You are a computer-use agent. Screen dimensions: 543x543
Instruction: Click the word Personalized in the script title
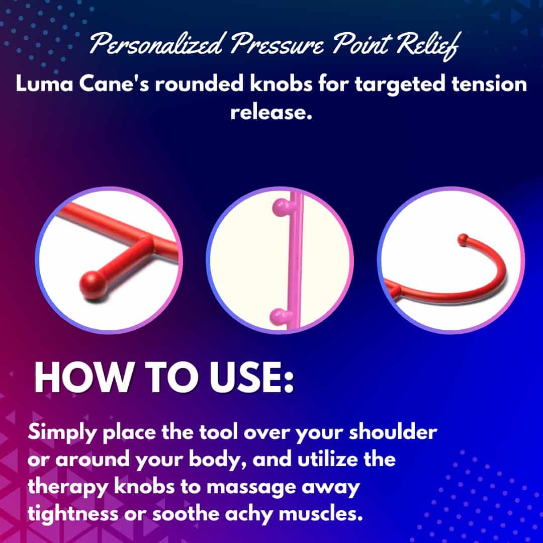click(155, 44)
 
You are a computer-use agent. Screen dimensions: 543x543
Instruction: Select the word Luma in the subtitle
click(44, 84)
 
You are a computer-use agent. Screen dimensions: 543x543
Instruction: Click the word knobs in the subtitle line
click(281, 84)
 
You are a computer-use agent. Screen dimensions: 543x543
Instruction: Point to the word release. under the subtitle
click(271, 112)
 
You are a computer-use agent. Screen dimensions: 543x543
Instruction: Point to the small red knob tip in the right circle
click(463, 240)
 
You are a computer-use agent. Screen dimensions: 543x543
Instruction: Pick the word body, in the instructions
click(218, 460)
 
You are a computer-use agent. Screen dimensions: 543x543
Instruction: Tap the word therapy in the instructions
click(68, 488)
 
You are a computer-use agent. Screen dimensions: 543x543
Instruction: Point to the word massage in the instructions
click(251, 488)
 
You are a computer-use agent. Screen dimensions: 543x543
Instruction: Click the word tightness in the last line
click(73, 515)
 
